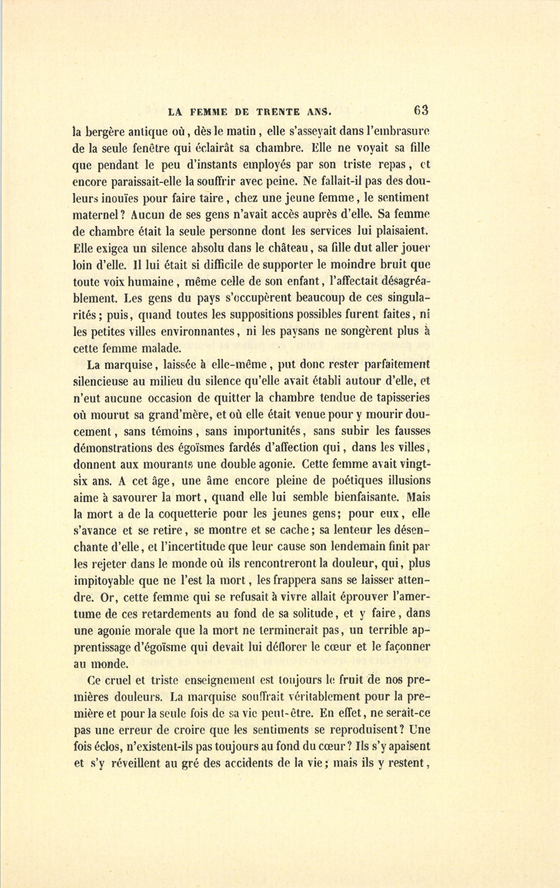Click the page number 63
421,110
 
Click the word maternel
98,214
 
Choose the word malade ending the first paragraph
161,348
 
